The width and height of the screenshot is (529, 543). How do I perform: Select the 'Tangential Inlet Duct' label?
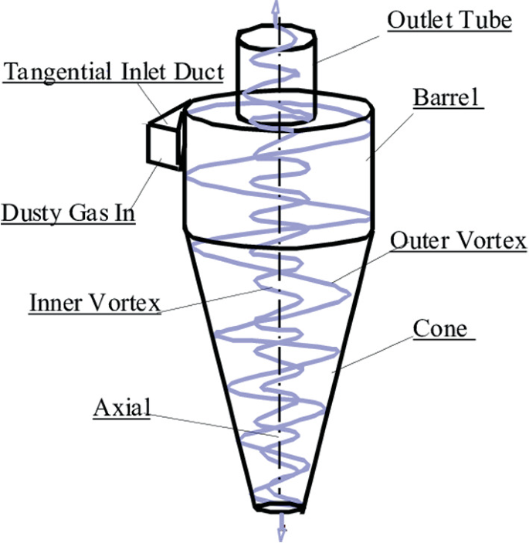pos(114,73)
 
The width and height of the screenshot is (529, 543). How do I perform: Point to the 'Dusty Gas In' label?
pos(68,212)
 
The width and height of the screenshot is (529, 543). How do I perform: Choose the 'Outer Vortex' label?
pos(458,241)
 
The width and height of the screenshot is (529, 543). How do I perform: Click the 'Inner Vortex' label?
pos(94,302)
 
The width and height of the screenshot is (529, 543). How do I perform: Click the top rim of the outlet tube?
pos(275,32)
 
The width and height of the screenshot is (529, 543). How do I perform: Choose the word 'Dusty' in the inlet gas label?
pos(32,212)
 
